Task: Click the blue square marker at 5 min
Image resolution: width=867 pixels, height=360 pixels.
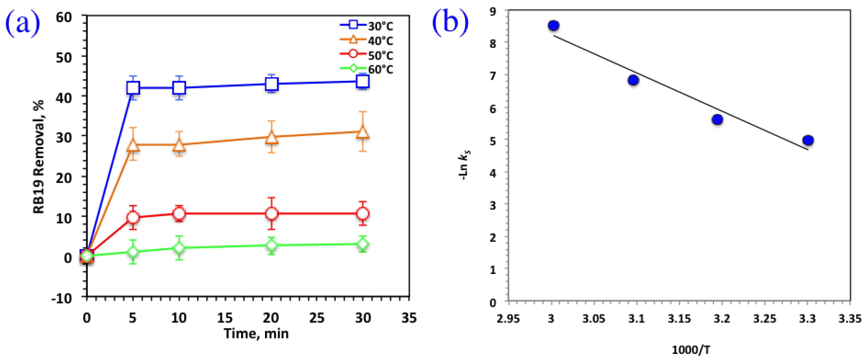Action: tap(133, 88)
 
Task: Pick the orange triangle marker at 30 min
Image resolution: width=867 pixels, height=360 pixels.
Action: tap(363, 132)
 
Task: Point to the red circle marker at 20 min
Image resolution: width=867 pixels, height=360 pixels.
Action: tap(271, 213)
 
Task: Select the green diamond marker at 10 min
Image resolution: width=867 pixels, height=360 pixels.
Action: tap(179, 248)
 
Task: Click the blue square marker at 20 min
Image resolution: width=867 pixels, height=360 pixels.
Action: tap(271, 84)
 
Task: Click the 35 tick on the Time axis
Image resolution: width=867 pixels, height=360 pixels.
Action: tap(409, 318)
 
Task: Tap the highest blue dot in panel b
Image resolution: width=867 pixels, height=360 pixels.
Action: tap(553, 26)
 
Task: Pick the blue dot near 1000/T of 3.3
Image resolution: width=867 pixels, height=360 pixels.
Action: tap(808, 140)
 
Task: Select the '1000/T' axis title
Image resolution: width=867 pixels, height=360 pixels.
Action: tap(691, 350)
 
